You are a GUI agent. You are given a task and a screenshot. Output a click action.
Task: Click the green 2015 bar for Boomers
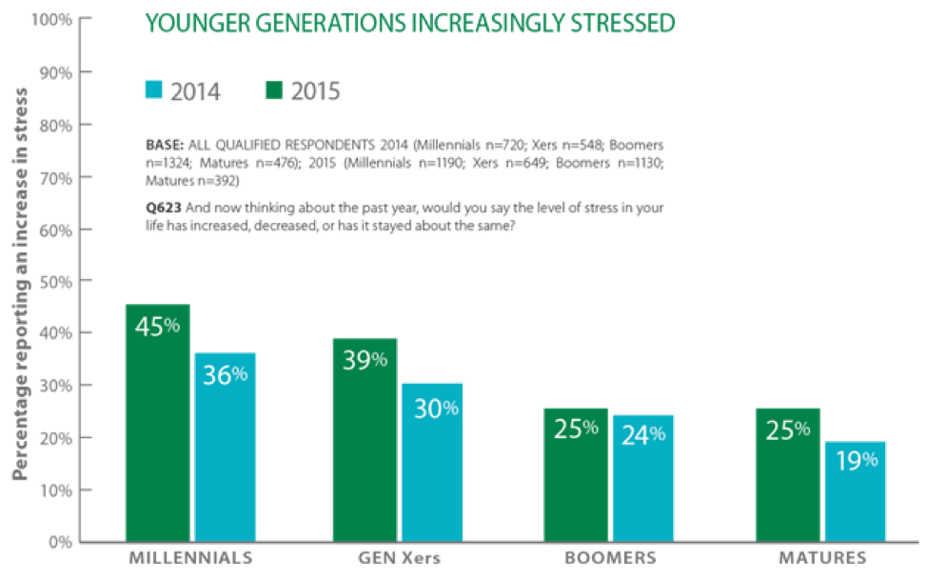click(x=575, y=475)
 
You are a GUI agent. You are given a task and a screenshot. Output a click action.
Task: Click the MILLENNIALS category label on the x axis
click(x=190, y=557)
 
